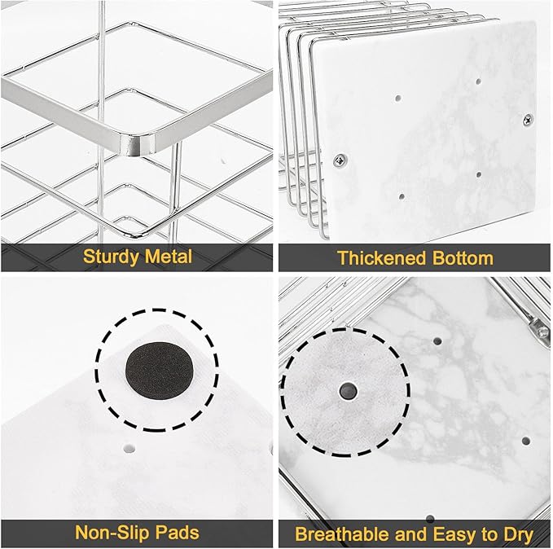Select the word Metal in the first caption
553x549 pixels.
pyautogui.click(x=167, y=257)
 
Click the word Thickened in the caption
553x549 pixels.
pyautogui.click(x=376, y=258)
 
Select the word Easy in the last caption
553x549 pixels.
pyautogui.click(x=454, y=534)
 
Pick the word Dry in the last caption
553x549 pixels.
pyautogui.click(x=516, y=534)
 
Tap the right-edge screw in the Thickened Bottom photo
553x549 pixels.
pyautogui.click(x=527, y=120)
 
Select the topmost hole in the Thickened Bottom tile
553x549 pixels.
pyautogui.click(x=478, y=82)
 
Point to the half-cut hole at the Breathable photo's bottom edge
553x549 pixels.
pyautogui.click(x=429, y=517)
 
